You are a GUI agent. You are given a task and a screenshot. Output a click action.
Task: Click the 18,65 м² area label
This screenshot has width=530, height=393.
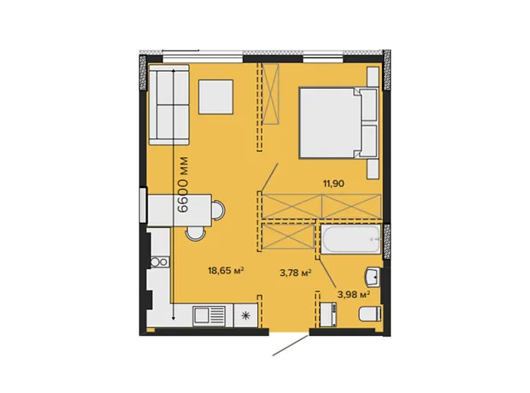coord(226,270)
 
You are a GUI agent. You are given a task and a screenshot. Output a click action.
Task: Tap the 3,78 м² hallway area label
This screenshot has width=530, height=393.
coord(296,273)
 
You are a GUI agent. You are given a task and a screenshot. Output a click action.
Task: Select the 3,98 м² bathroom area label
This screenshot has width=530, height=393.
coord(354,295)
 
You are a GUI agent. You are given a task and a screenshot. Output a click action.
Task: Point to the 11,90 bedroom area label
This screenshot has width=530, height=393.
coord(333,184)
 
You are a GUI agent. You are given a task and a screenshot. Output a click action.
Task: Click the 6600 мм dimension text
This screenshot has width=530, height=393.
coord(183,185)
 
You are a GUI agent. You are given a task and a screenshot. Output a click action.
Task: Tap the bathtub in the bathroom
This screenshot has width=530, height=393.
coord(350,239)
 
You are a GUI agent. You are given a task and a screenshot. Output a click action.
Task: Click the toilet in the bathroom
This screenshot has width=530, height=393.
coord(370,314)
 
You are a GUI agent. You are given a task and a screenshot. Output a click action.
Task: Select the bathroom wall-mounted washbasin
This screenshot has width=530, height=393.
coord(374,277)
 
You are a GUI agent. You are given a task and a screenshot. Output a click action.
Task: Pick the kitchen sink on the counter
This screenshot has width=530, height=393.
coord(209,315)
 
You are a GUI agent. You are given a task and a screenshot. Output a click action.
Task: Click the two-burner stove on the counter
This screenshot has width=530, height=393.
coord(160,262)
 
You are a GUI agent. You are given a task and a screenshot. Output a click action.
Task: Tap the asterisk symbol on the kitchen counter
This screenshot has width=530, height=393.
coord(245,316)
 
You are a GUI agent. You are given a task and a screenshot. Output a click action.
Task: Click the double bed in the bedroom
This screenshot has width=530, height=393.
coord(339,123)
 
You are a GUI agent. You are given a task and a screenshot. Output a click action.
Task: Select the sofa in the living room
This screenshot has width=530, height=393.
coord(169,104)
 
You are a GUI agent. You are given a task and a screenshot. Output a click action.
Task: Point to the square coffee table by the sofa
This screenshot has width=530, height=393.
coord(215,97)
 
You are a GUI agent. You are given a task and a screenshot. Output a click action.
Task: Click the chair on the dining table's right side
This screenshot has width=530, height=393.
coord(218,210)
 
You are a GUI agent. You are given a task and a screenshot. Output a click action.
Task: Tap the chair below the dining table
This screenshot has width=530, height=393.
coord(196,233)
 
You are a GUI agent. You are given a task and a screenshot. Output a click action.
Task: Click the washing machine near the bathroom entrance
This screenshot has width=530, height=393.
coord(328,314)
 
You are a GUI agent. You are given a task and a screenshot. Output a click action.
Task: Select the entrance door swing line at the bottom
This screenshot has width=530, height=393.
coord(291,345)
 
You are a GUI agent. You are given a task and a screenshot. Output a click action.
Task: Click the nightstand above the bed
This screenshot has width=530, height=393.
coord(374,76)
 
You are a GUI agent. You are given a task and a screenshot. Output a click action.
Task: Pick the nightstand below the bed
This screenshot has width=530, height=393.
coord(374,169)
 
